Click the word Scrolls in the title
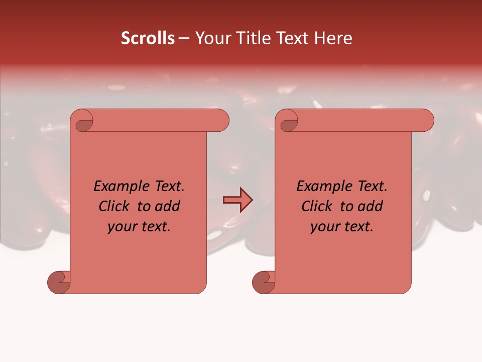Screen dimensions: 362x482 [148, 38]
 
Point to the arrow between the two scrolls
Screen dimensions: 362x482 [237, 200]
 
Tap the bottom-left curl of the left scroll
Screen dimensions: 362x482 [59, 282]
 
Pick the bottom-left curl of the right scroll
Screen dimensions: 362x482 [264, 282]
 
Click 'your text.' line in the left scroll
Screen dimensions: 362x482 [139, 227]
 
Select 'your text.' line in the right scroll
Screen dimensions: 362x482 [342, 227]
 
